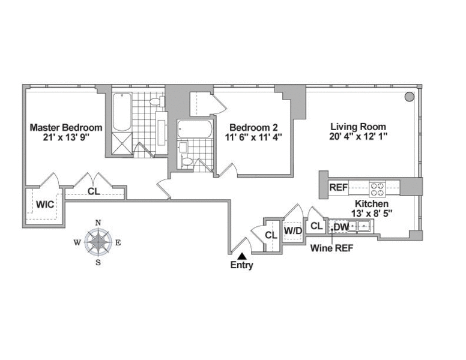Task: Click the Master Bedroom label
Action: point(66,128)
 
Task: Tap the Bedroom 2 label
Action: point(252,127)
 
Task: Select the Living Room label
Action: point(358,127)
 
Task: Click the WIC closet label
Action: point(44,205)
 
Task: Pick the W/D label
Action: point(292,230)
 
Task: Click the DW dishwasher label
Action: point(340,227)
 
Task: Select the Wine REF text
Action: point(330,246)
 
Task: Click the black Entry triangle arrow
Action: point(241,256)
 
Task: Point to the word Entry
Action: point(241,266)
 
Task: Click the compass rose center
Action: point(98,242)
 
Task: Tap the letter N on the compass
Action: point(98,223)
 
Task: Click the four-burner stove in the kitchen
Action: point(377,189)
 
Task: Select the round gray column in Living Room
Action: point(408,97)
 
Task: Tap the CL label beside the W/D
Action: point(270,235)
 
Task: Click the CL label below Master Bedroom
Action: point(93,192)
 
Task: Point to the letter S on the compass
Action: point(98,262)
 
